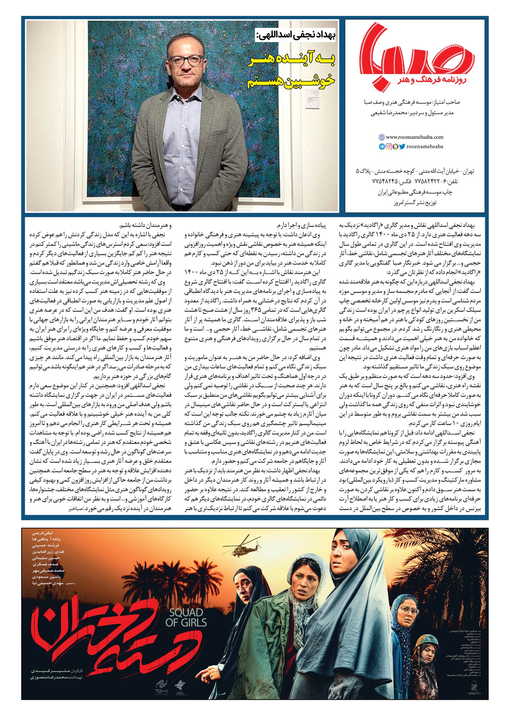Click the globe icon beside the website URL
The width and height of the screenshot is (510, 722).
point(382,137)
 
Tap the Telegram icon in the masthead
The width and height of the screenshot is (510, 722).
point(382,146)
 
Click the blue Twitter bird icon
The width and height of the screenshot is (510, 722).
point(402,146)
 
